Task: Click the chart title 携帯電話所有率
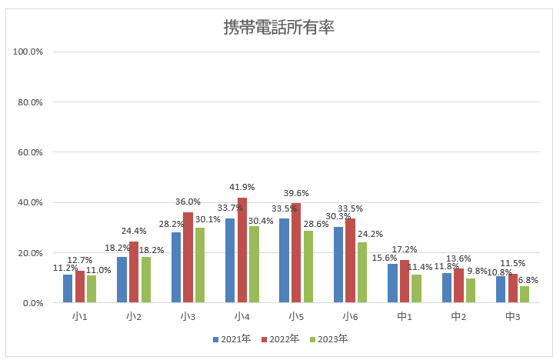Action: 278,28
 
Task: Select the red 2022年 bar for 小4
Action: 242,251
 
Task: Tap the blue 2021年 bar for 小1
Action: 68,288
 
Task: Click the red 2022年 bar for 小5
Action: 296,253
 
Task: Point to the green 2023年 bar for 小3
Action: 199,265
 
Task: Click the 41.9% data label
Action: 242,187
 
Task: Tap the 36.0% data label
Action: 188,202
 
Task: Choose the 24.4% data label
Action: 134,231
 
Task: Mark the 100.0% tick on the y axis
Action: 28,52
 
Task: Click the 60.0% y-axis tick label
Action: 30,152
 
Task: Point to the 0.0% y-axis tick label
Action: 32,303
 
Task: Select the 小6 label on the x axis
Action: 350,316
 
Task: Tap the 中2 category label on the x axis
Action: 458,316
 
